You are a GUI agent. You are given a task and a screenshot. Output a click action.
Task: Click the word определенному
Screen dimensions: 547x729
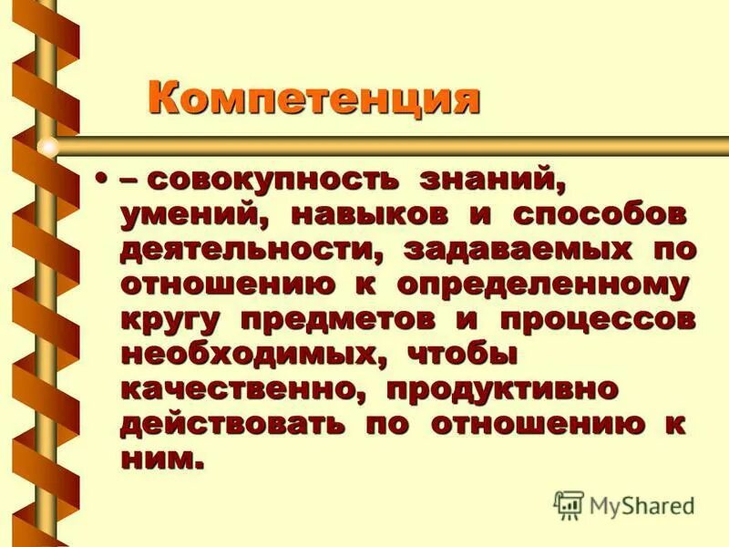(541, 284)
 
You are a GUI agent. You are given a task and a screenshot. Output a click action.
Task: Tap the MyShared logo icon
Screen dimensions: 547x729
(569, 503)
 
